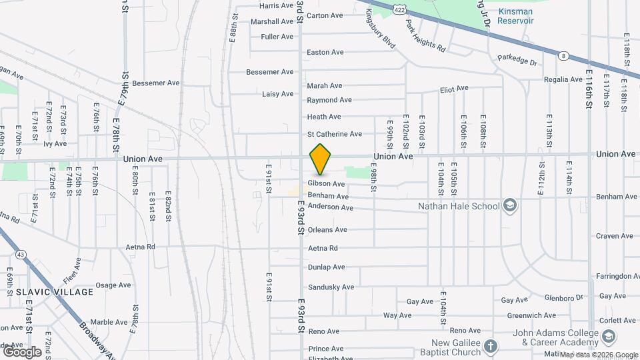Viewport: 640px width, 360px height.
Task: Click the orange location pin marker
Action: point(321,159)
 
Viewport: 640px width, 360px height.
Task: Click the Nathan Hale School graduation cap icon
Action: point(511,205)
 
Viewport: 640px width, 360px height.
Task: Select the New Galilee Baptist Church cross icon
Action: point(491,347)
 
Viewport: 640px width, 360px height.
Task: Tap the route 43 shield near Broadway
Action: point(22,255)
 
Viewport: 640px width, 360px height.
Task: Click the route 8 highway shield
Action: point(563,56)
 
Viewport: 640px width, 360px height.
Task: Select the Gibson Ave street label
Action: point(326,183)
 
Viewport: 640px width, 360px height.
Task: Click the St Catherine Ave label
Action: point(335,134)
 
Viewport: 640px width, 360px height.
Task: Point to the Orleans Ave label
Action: point(327,230)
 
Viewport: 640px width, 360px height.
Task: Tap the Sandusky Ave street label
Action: point(331,287)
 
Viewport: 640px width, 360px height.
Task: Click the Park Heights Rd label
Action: point(426,37)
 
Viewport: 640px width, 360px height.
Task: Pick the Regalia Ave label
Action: point(563,79)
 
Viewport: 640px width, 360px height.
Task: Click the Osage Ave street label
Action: point(113,285)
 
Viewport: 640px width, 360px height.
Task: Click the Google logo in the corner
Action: point(22,351)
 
